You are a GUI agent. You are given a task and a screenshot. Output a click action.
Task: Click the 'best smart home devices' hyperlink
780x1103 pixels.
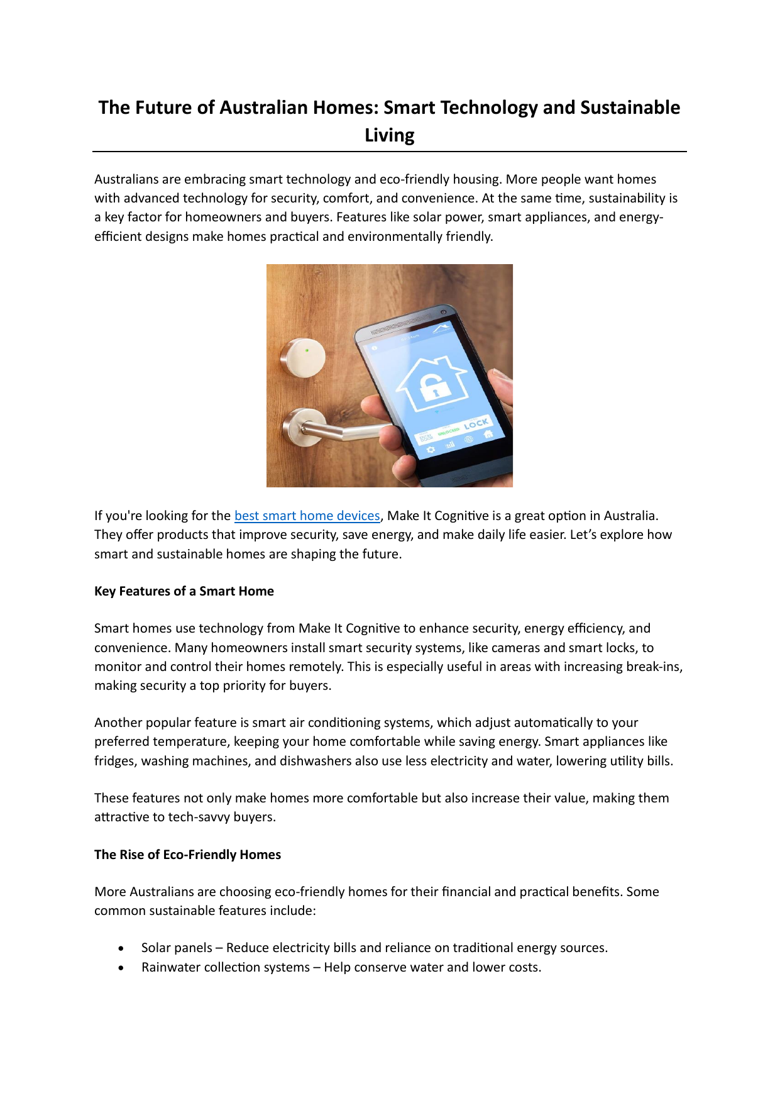point(307,516)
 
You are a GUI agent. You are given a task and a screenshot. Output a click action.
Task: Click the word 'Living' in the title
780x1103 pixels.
point(389,135)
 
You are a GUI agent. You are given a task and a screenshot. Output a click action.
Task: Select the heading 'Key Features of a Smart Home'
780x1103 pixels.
point(184,591)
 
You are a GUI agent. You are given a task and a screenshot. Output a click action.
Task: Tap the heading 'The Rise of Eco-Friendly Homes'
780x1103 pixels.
point(187,855)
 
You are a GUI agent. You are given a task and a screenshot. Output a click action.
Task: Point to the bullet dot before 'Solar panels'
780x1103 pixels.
point(121,948)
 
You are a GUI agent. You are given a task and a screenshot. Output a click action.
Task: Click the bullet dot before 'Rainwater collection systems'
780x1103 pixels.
point(121,968)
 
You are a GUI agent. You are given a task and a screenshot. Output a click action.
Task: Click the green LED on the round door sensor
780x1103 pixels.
point(307,350)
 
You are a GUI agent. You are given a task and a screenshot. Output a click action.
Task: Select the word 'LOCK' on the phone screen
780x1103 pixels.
point(476,424)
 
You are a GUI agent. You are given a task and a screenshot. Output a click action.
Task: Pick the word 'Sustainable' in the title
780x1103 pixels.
point(630,108)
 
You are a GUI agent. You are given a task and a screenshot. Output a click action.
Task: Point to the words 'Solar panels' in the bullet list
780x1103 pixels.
point(177,948)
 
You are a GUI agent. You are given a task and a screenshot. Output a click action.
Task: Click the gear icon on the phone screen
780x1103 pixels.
point(431,450)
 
